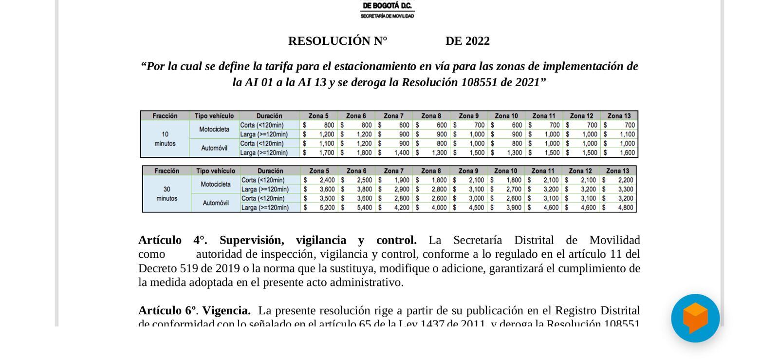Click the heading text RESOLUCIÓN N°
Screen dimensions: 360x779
(x=337, y=41)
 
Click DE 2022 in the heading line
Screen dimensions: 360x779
(x=467, y=41)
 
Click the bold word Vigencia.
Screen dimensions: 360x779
(x=226, y=311)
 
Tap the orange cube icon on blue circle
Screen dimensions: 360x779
(x=695, y=318)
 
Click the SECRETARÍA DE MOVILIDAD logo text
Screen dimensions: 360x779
(x=387, y=16)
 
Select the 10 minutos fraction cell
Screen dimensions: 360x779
(x=165, y=139)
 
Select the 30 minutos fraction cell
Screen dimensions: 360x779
(x=167, y=194)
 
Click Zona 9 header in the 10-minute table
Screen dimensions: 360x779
(x=468, y=116)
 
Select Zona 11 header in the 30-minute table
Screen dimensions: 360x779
(x=542, y=171)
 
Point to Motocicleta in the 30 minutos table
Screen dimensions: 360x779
(x=216, y=184)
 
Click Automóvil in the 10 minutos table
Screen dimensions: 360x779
(x=214, y=148)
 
